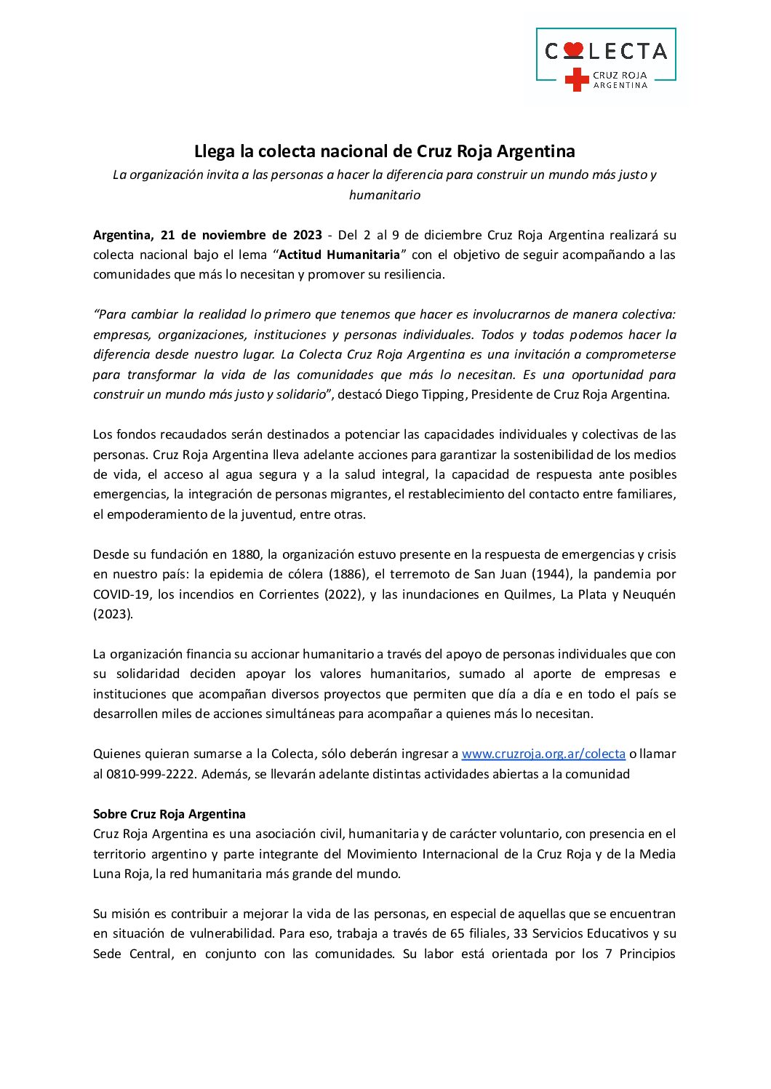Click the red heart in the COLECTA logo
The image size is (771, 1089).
click(573, 50)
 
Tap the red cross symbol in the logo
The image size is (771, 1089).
click(577, 79)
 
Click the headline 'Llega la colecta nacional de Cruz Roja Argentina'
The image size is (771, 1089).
click(384, 151)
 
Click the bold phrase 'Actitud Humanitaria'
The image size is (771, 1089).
click(340, 255)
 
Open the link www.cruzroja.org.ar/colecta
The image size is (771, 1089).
click(543, 754)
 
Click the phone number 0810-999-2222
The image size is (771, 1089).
click(151, 774)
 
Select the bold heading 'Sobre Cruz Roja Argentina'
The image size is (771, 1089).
click(169, 814)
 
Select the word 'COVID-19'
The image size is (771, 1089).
click(121, 594)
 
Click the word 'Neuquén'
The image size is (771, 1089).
click(649, 594)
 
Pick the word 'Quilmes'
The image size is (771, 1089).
click(528, 594)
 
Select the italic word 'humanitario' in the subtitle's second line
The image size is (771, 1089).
click(384, 195)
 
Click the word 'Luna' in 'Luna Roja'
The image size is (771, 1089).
click(107, 874)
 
